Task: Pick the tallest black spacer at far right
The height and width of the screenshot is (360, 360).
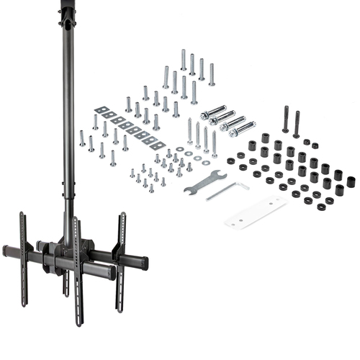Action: click(351, 181)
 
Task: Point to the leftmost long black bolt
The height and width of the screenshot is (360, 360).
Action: click(286, 120)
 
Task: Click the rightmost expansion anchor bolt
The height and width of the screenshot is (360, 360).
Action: click(243, 129)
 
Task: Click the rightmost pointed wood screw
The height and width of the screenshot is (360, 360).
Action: click(214, 143)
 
